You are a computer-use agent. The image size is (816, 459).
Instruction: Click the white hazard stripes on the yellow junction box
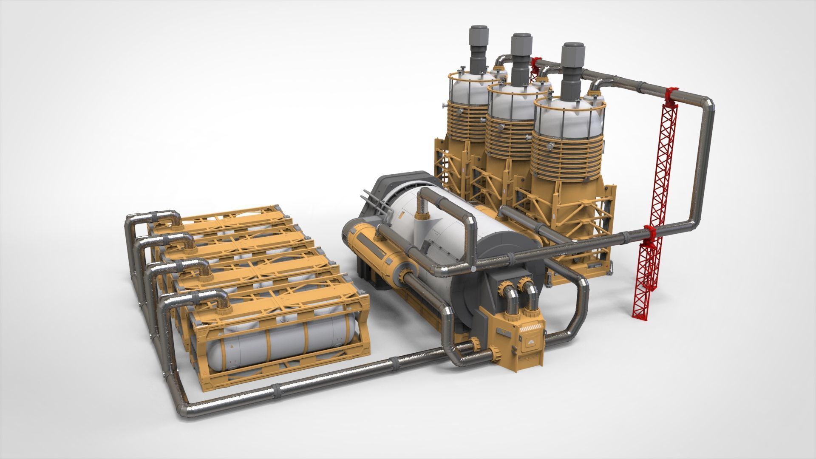533,328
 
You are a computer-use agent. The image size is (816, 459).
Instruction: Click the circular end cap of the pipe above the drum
473,269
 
